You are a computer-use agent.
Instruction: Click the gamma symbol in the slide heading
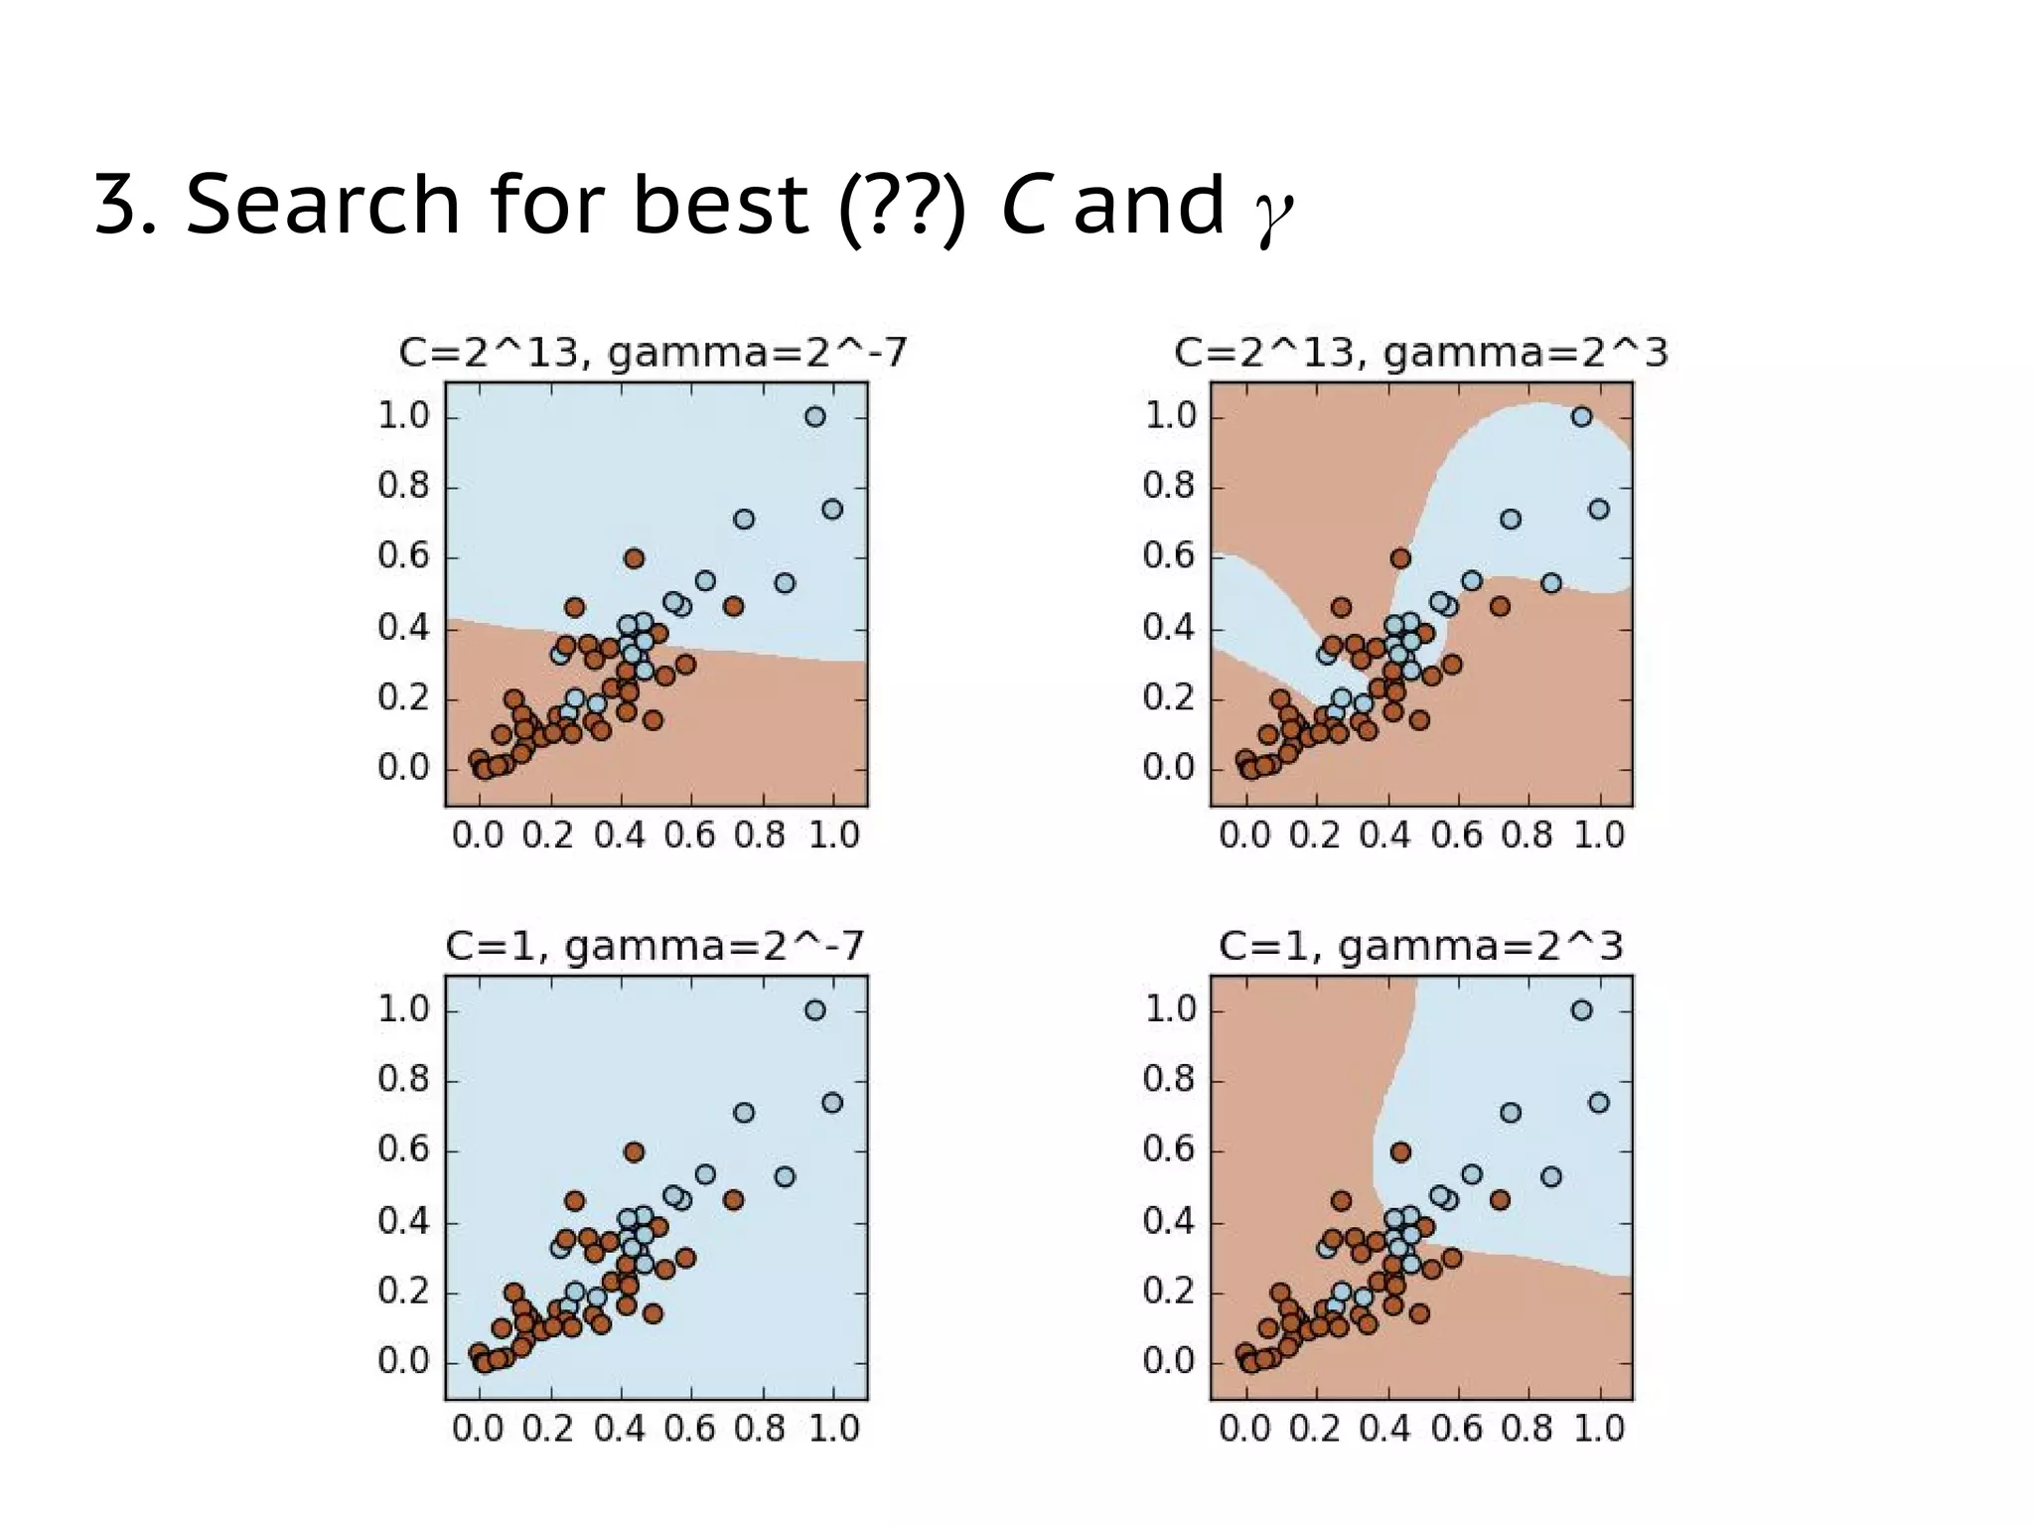coord(1273,212)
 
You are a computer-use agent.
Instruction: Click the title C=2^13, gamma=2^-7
coord(653,353)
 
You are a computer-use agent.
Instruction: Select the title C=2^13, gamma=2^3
coord(1420,353)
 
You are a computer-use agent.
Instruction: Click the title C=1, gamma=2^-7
coord(654,946)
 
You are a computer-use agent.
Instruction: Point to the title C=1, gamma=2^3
coord(1420,946)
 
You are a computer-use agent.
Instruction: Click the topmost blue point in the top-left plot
coord(815,416)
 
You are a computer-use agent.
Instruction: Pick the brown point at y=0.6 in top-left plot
coord(634,558)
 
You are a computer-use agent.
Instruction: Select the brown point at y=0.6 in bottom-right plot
coord(1400,1152)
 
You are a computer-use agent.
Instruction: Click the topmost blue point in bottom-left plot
coord(815,1010)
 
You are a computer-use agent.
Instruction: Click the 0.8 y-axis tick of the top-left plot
coord(403,487)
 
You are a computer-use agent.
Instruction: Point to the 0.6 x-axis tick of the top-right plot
coord(1456,836)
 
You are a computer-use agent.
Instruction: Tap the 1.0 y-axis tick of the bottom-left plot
coord(403,1010)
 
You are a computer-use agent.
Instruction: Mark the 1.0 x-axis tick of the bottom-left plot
coord(833,1429)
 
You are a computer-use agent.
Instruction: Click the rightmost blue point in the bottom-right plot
coord(1599,1103)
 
